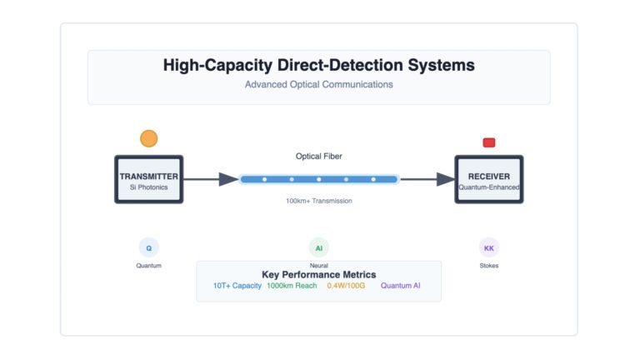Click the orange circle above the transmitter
(148, 138)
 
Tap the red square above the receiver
(489, 142)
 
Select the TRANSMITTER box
(148, 179)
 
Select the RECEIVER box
(489, 179)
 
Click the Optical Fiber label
(319, 157)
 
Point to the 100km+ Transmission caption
(319, 201)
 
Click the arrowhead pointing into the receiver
(446, 179)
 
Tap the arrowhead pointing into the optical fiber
(228, 179)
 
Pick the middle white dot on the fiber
(319, 179)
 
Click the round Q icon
(148, 247)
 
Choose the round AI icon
(319, 247)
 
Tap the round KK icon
(489, 247)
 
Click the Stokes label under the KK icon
(489, 266)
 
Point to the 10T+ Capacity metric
(237, 286)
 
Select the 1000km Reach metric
(292, 286)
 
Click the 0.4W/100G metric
(346, 286)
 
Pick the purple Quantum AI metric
(400, 286)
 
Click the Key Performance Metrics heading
(319, 275)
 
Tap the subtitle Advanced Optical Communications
(319, 84)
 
